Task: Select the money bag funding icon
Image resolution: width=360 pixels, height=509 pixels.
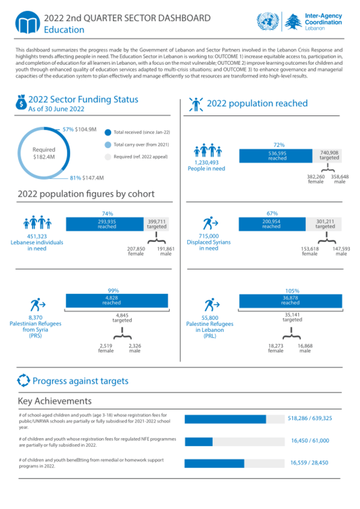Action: pyautogui.click(x=21, y=102)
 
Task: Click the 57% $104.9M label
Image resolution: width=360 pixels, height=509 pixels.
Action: pyautogui.click(x=79, y=129)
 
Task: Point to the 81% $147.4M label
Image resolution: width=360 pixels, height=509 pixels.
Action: pyautogui.click(x=87, y=178)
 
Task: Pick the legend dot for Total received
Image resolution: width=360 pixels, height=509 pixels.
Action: pyautogui.click(x=107, y=132)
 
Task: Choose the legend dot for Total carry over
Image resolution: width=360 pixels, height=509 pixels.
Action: pyautogui.click(x=107, y=145)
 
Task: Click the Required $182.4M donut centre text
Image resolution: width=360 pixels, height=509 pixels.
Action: pyautogui.click(x=44, y=153)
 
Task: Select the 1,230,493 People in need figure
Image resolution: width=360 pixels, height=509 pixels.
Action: pyautogui.click(x=206, y=165)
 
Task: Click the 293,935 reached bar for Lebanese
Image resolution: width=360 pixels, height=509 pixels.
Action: pyautogui.click(x=106, y=224)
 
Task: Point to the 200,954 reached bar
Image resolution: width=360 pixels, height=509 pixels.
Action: pyautogui.click(x=271, y=224)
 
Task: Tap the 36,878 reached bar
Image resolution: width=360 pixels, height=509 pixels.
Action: pyautogui.click(x=290, y=300)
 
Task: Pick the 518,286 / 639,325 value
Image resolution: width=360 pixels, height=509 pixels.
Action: pyautogui.click(x=310, y=418)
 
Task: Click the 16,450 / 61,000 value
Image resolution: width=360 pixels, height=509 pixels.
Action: pyautogui.click(x=310, y=441)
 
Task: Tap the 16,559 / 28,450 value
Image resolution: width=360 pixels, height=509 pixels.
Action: pyautogui.click(x=309, y=463)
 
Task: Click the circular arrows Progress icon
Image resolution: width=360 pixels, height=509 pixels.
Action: pyautogui.click(x=24, y=381)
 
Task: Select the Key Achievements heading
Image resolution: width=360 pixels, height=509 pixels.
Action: pyautogui.click(x=55, y=401)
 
